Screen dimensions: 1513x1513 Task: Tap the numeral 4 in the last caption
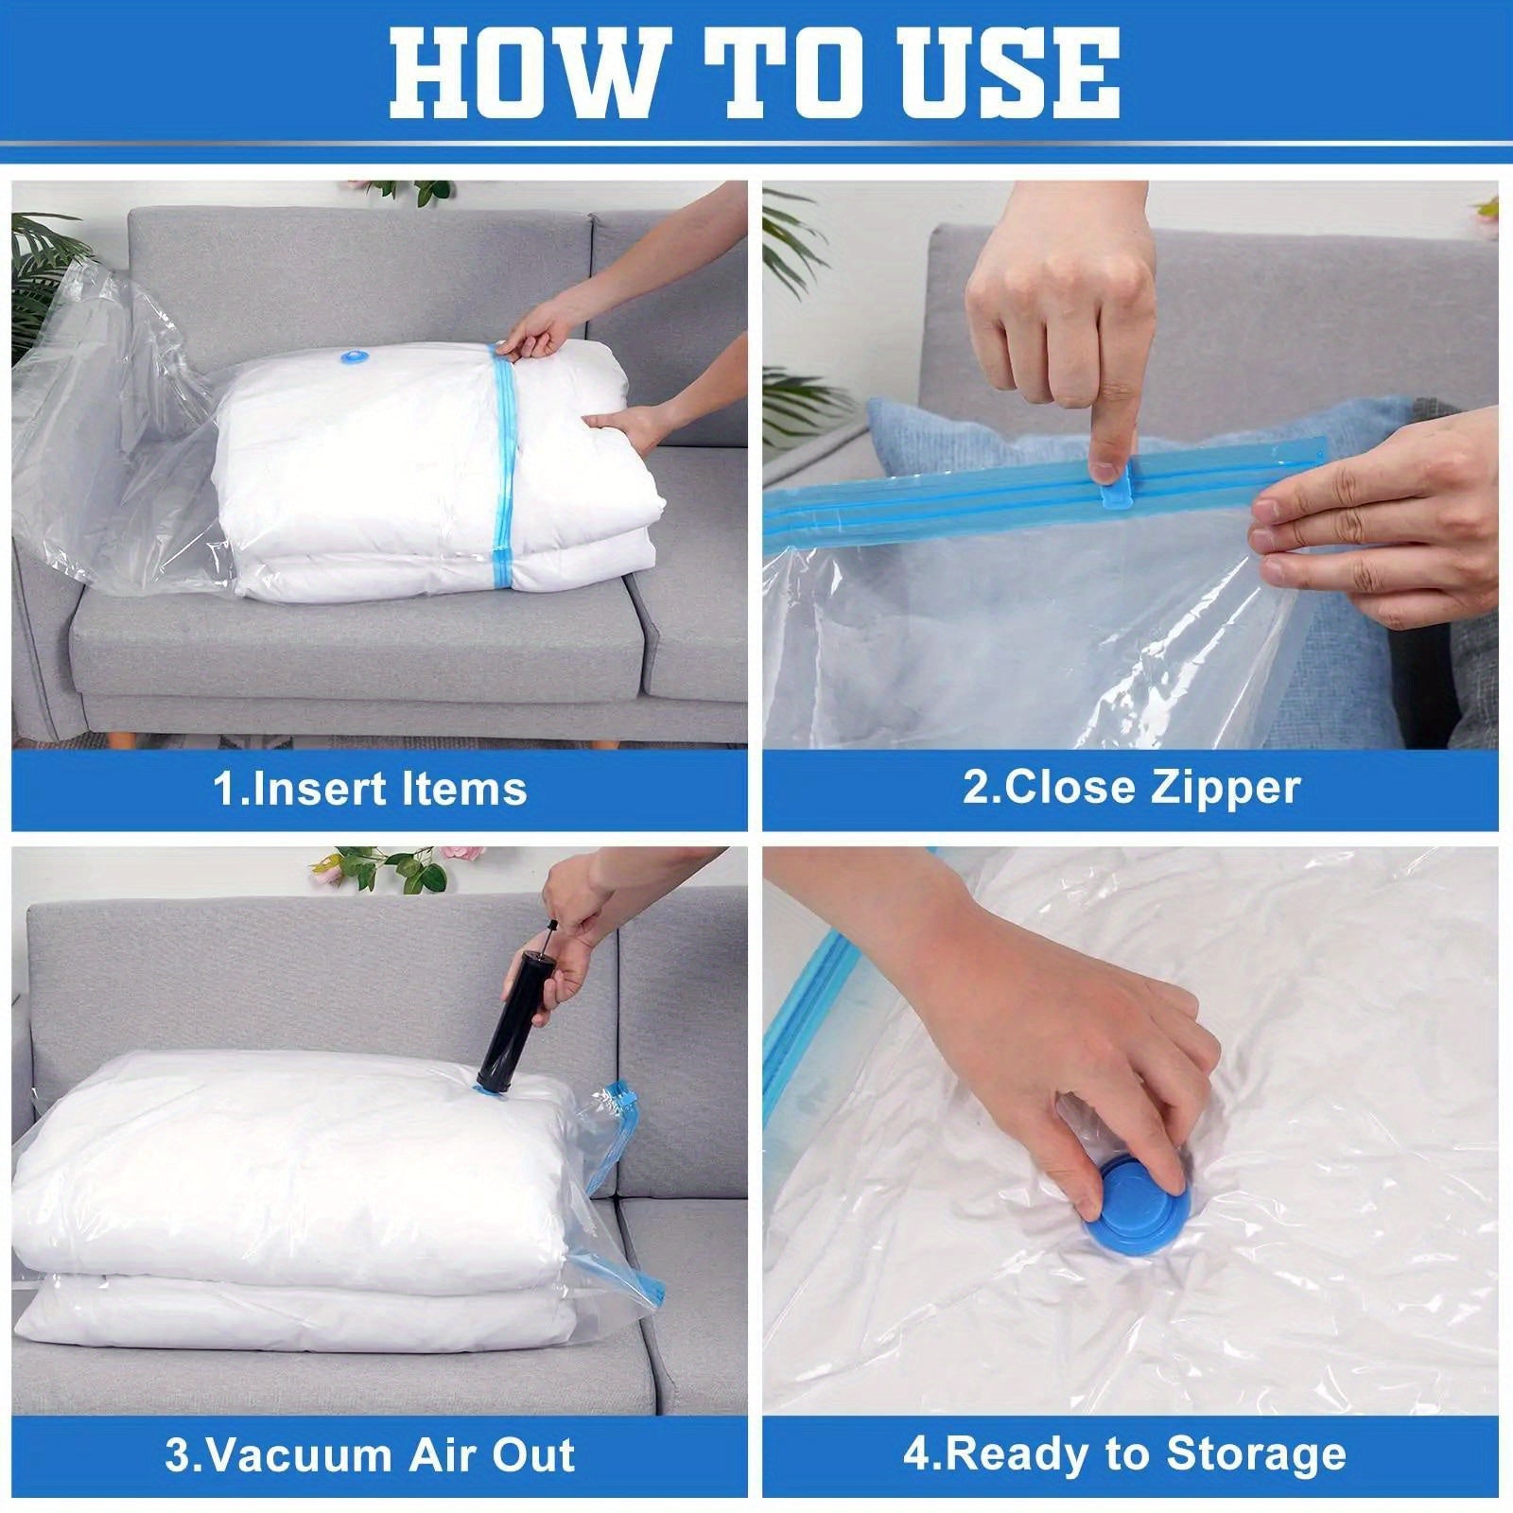(916, 1454)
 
